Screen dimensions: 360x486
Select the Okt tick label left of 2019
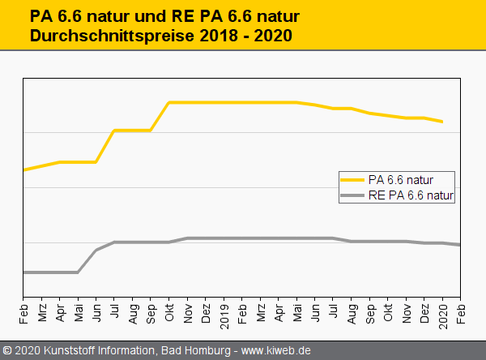point(169,311)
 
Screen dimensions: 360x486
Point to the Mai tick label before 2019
point(79,311)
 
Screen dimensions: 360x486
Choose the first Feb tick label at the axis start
point(23,311)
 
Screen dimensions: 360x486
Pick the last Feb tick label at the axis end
point(461,311)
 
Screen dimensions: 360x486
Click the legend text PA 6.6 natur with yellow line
point(401,179)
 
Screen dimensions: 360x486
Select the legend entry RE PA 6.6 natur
point(411,195)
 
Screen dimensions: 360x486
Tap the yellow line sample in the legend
point(353,179)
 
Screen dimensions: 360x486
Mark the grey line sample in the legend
point(353,195)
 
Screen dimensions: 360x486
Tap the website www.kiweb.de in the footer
point(276,351)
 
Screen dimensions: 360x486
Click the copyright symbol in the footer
point(7,351)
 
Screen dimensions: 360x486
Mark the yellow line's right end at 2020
point(442,122)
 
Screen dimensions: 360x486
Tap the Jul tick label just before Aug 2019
point(333,311)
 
